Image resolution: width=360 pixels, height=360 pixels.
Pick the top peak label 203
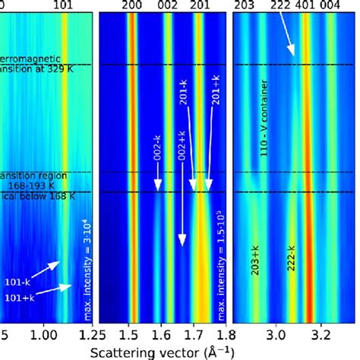tap(245, 5)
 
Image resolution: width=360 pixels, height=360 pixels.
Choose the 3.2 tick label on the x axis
tap(322, 333)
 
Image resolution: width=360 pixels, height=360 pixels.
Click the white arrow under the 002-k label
tap(159, 182)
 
